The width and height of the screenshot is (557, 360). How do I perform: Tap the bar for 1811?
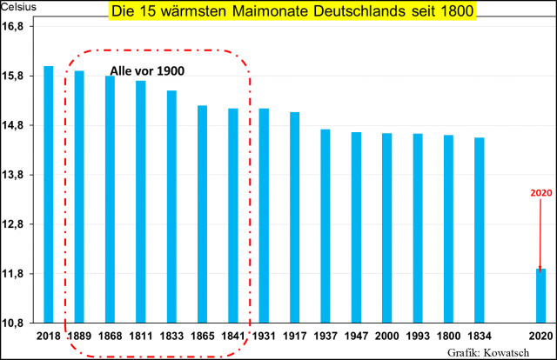(x=141, y=202)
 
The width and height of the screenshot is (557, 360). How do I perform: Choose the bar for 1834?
(x=480, y=230)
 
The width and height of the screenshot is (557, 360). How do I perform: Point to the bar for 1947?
(x=356, y=227)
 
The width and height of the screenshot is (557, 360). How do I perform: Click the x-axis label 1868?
(x=110, y=336)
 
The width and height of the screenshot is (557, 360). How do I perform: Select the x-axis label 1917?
(x=294, y=336)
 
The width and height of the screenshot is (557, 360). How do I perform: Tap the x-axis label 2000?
(x=386, y=336)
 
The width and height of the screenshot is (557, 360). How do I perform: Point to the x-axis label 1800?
(x=448, y=336)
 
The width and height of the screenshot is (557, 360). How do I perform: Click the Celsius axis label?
(x=17, y=7)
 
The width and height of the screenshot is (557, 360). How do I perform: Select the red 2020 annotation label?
(x=540, y=192)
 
